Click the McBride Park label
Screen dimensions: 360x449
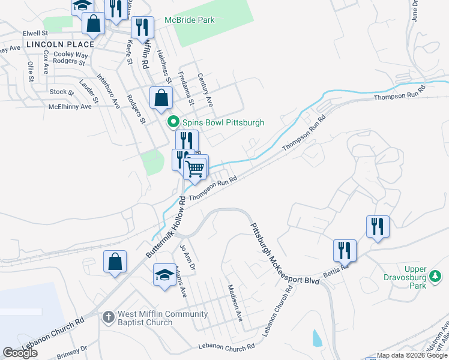189,20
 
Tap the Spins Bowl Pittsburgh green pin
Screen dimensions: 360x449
173,122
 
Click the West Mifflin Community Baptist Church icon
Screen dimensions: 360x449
109,317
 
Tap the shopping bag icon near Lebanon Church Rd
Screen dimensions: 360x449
115,262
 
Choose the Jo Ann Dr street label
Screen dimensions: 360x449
187,256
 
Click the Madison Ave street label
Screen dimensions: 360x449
234,303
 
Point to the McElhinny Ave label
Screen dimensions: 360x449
70,106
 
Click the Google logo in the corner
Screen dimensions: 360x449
20,353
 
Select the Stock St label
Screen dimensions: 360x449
62,92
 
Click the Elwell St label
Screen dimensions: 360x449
35,33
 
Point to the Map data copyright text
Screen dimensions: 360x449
412,355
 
